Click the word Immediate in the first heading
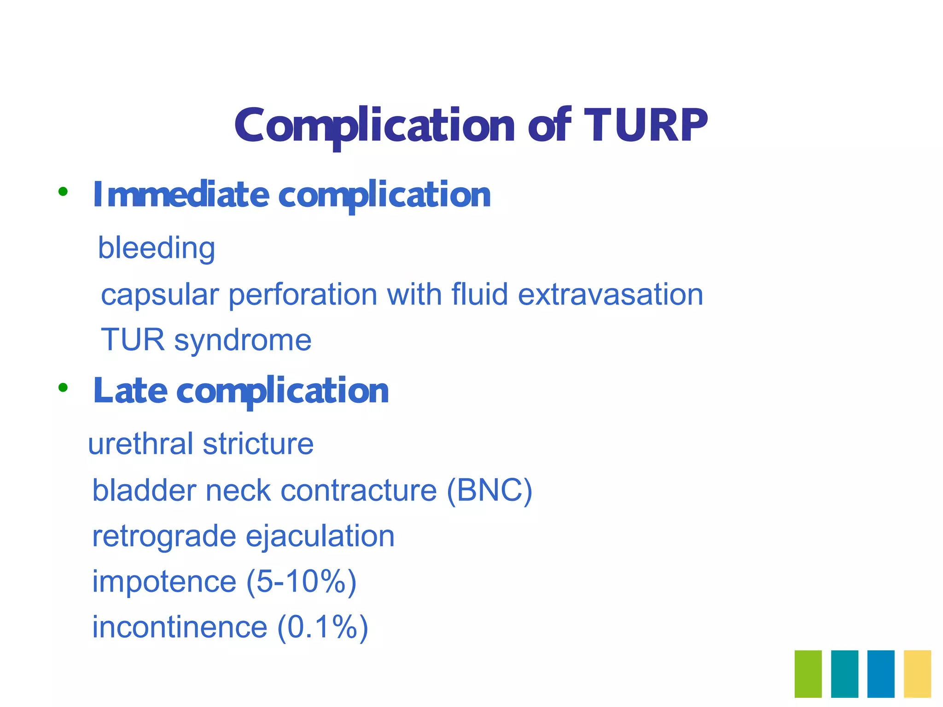(180, 195)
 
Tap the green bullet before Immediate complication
(63, 192)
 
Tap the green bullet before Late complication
(63, 388)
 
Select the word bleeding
(157, 249)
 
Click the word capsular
(159, 295)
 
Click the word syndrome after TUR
(243, 341)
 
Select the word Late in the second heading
(130, 391)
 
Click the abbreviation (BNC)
(489, 490)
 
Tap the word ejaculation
(320, 537)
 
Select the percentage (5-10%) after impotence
(302, 582)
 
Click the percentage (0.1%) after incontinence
(323, 628)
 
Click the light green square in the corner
(808, 674)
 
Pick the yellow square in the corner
(917, 674)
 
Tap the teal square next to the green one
(844, 674)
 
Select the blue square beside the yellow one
(881, 674)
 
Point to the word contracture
(358, 490)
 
